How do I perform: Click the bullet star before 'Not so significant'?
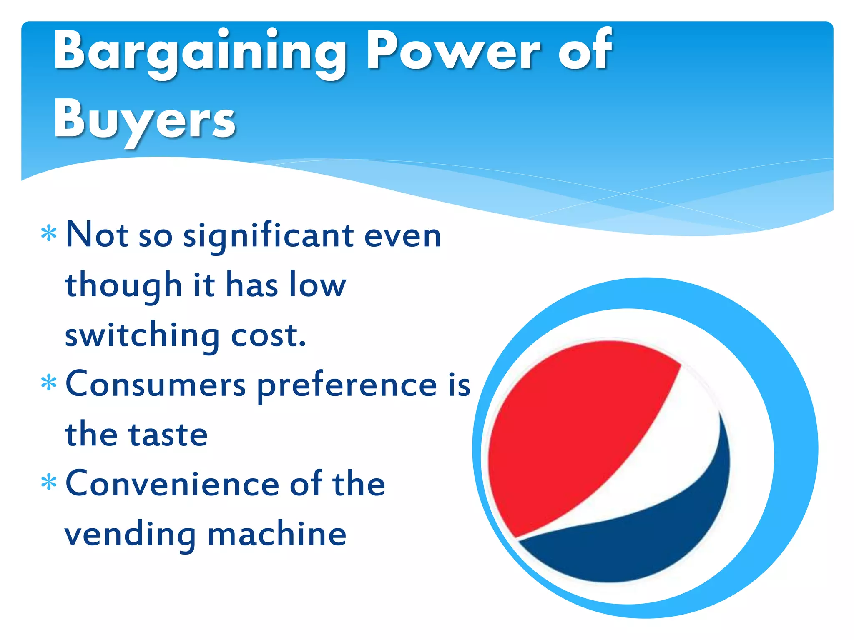(x=49, y=234)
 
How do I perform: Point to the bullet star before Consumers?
(x=49, y=383)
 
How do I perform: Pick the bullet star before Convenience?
(x=49, y=482)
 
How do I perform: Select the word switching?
(x=142, y=336)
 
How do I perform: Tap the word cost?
(x=269, y=336)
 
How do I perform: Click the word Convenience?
(x=172, y=484)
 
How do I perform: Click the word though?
(x=123, y=286)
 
